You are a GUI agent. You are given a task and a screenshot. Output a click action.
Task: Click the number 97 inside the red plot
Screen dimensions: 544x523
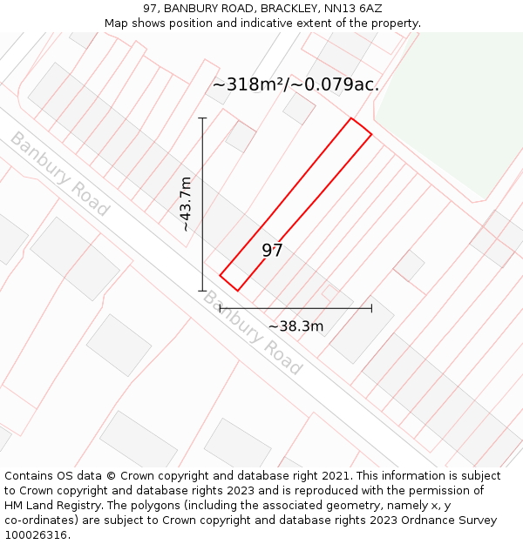tap(273, 251)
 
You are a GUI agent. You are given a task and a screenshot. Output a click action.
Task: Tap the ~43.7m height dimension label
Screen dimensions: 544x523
tap(185, 204)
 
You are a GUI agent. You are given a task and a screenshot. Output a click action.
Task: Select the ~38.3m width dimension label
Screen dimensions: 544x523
tap(295, 326)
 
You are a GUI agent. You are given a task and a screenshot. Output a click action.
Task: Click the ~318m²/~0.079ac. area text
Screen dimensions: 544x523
tap(295, 84)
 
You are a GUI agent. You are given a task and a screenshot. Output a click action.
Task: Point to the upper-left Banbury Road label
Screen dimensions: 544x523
tap(60, 173)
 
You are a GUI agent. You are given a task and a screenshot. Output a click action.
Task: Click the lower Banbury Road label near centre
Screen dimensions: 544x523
tap(253, 332)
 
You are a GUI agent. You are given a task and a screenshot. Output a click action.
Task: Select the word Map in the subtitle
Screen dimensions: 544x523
tap(117, 24)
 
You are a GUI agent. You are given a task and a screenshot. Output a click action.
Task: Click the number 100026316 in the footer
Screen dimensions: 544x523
tap(35, 535)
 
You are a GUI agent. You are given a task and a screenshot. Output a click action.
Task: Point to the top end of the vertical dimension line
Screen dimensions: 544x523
tap(202, 118)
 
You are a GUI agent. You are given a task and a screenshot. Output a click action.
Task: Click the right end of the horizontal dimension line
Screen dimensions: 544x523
tap(371, 307)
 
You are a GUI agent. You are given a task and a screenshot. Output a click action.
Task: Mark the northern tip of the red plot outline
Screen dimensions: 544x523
tap(351, 118)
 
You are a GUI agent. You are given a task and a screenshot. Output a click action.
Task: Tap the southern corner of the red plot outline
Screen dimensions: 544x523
tap(237, 291)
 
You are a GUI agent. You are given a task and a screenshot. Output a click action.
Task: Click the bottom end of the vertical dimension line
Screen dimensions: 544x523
tap(202, 291)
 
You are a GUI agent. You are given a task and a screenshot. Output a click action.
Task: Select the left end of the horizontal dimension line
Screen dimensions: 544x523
tap(220, 307)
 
